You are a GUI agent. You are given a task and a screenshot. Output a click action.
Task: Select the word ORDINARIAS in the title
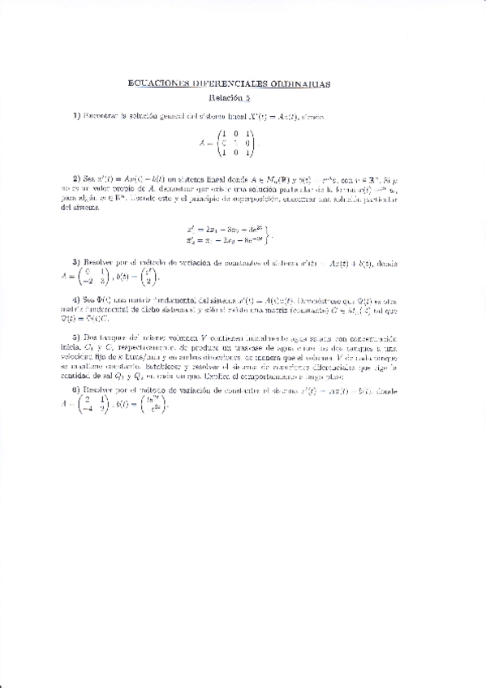pyautogui.click(x=300, y=84)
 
